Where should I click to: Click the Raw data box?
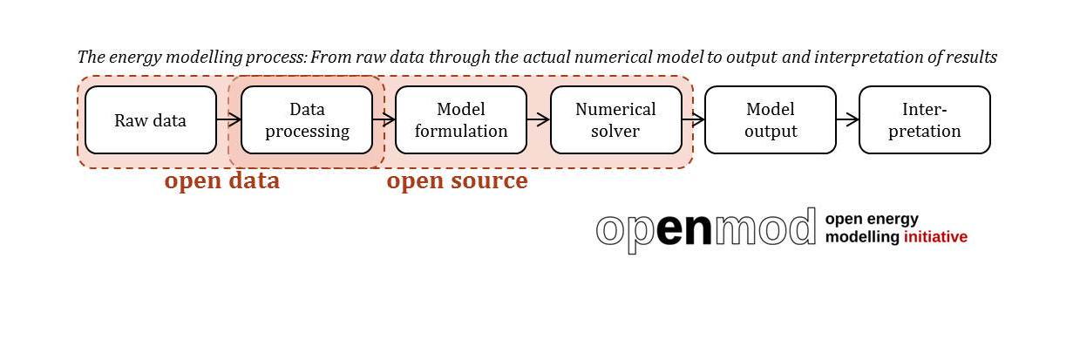click(150, 120)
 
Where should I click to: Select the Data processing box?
click(307, 120)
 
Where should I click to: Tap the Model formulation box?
click(460, 120)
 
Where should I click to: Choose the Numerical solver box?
click(615, 120)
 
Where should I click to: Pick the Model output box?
click(770, 120)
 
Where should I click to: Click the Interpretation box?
click(924, 120)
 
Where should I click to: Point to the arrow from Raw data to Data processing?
click(228, 120)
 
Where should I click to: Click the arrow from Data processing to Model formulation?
click(384, 120)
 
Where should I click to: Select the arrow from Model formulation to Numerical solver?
click(538, 120)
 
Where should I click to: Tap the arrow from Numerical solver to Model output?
click(693, 120)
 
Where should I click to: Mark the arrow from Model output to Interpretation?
click(847, 120)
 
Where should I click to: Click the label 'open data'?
click(222, 181)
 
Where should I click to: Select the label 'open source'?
click(457, 181)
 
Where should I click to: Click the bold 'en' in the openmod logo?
click(683, 229)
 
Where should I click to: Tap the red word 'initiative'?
click(935, 237)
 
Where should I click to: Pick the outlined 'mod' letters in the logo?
click(765, 228)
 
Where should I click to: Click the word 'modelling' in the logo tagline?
click(862, 237)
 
